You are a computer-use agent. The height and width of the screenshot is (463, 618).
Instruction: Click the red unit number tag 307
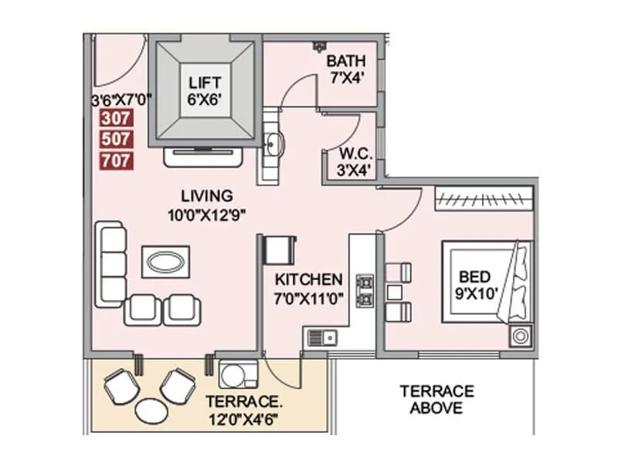coord(117,119)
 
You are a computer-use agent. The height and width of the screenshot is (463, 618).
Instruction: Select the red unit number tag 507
coord(117,140)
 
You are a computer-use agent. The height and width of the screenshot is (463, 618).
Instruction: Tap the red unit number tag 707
coord(117,161)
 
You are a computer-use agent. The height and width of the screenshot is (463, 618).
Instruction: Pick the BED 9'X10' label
coord(475,284)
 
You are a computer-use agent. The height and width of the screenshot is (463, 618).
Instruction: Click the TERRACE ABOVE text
coord(436,400)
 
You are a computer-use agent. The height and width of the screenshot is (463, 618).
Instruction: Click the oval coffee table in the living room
coord(166,262)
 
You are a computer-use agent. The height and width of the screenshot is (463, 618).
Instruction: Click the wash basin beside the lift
coord(274,144)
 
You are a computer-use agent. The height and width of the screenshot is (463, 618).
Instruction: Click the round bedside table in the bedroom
coord(520,336)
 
